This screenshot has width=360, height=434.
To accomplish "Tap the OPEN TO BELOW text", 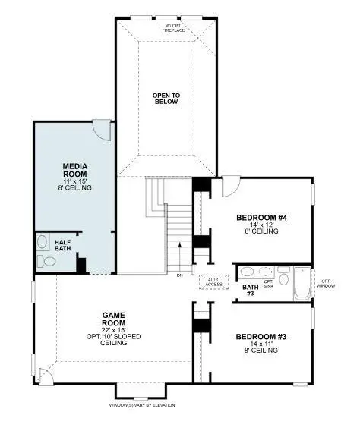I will pos(166,99).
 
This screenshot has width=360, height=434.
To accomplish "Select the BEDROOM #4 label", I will pos(261,218).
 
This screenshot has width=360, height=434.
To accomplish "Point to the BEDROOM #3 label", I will pos(261,336).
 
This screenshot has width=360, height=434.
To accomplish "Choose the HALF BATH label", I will pos(63,245).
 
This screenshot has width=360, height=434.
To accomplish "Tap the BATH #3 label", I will pos(250,290).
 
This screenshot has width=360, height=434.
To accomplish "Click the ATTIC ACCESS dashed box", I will pos(213,281).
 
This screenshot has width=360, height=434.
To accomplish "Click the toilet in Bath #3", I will pos(283,278).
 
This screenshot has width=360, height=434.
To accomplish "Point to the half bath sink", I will pos(42,244).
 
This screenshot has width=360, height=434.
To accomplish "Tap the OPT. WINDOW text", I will pos(327,283).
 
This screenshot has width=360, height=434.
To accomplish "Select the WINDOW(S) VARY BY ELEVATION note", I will pos(142,404).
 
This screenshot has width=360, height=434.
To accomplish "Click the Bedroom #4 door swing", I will pos(231,184).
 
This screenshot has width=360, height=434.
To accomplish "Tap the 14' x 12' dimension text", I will pos(261,225).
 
